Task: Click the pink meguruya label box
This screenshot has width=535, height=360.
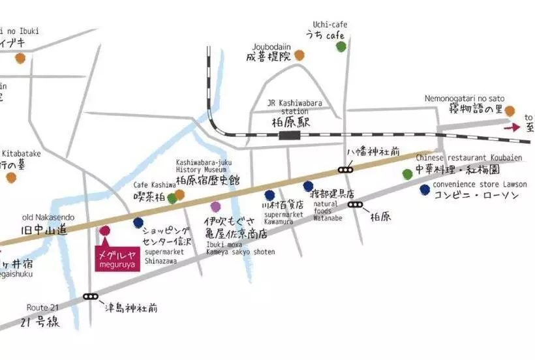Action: tap(116, 259)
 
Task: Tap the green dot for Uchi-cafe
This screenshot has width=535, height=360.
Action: tap(341, 46)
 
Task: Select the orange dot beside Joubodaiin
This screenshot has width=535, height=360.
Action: tap(299, 55)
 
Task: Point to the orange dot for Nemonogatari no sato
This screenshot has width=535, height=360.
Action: tap(510, 112)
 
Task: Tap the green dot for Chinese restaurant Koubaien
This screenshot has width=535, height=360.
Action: tap(408, 174)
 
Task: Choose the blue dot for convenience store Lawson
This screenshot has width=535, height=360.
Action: tap(425, 190)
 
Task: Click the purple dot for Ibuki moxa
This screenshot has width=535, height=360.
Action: tap(216, 207)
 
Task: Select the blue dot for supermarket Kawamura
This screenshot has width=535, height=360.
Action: tap(269, 195)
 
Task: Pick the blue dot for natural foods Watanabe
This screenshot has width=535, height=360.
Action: tap(308, 187)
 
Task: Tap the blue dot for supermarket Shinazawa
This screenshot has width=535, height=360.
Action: tap(138, 223)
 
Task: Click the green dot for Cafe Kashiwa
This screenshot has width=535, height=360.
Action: tap(172, 198)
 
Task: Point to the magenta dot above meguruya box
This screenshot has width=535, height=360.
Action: tap(104, 230)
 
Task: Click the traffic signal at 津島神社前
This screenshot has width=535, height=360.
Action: tap(90, 297)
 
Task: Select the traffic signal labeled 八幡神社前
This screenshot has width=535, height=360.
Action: tap(345, 170)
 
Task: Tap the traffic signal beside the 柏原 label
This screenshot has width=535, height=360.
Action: tap(356, 204)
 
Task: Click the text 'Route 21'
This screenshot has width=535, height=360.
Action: tap(42, 307)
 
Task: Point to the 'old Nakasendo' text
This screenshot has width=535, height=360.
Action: tap(49, 217)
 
